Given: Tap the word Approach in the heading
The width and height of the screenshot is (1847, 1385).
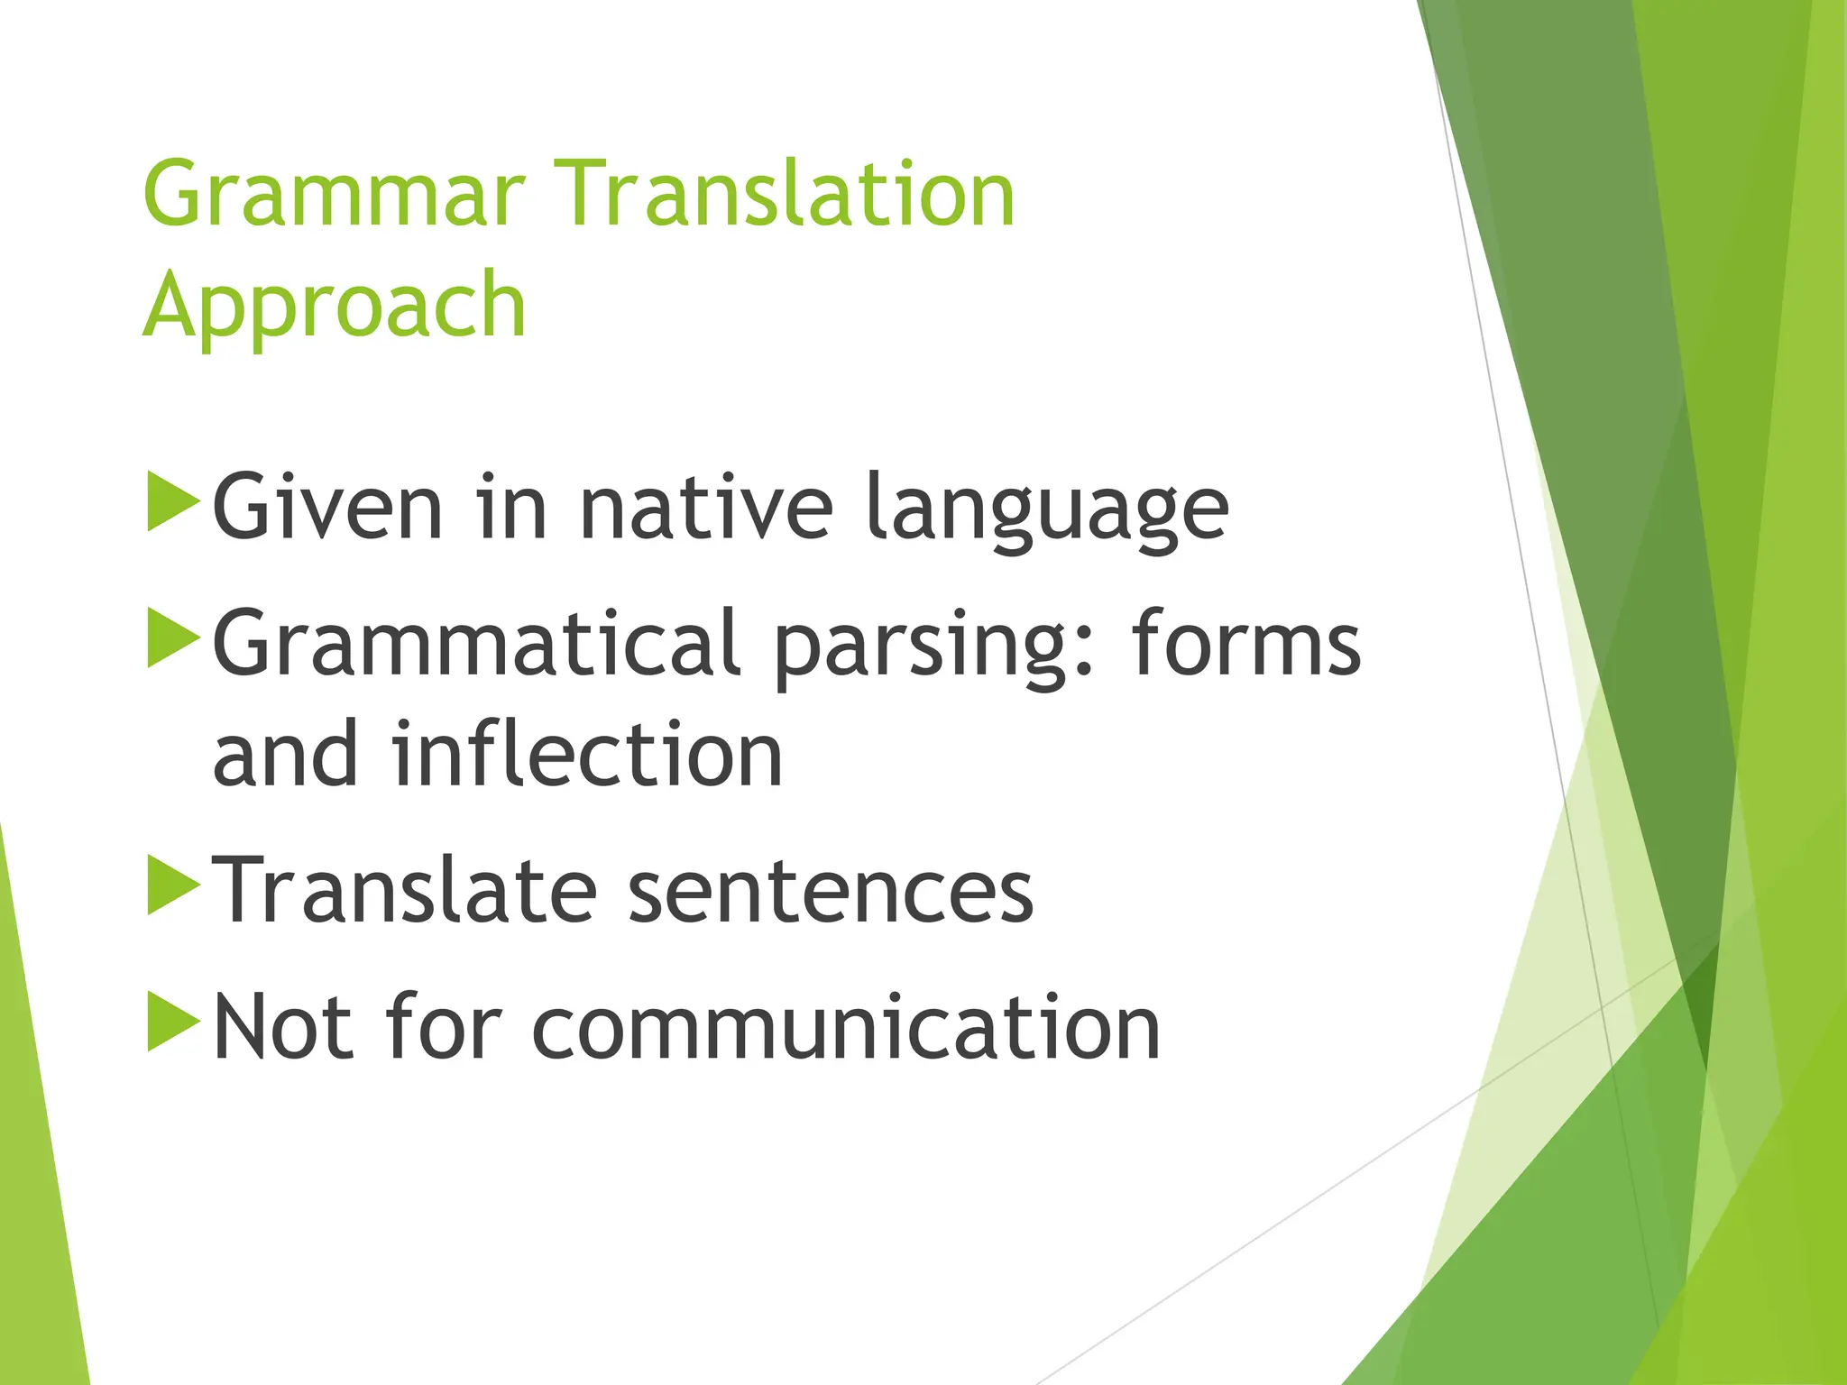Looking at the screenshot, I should (334, 307).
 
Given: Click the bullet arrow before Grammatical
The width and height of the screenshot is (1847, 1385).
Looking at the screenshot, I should (172, 638).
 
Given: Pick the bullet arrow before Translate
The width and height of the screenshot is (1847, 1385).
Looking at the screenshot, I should (172, 886).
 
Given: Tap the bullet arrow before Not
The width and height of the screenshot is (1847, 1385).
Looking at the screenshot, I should (172, 1022).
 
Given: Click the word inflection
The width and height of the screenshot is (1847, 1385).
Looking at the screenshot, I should (587, 755).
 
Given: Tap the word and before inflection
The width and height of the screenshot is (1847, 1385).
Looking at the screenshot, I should (285, 755).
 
